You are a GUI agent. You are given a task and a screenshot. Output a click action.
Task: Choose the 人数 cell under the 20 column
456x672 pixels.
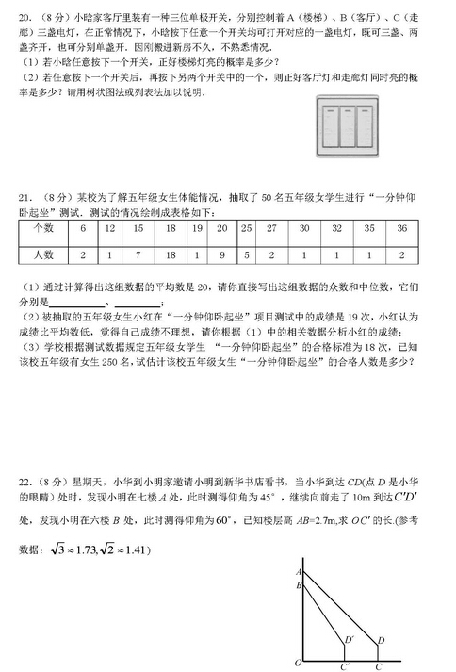pos(221,254)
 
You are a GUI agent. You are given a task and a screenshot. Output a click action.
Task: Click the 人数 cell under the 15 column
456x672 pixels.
pos(138,254)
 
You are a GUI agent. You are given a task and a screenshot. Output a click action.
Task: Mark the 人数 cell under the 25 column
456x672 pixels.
pos(246,254)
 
